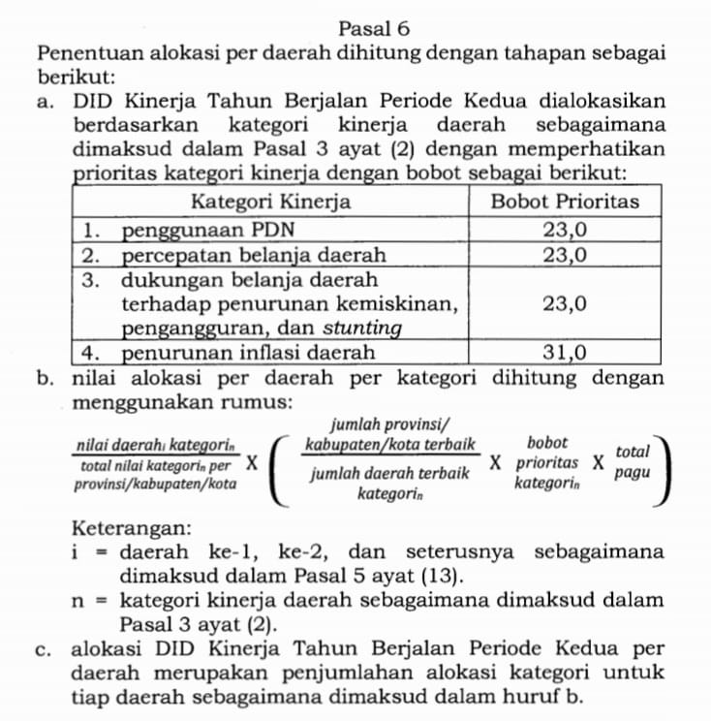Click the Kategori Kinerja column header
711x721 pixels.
pos(270,203)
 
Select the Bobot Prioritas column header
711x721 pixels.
pos(566,203)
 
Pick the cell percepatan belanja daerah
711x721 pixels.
pos(254,256)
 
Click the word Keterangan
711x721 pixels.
pos(131,528)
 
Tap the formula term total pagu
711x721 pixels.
pos(633,463)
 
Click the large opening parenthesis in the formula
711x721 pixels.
pos(279,463)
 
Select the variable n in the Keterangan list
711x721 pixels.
pos(80,600)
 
